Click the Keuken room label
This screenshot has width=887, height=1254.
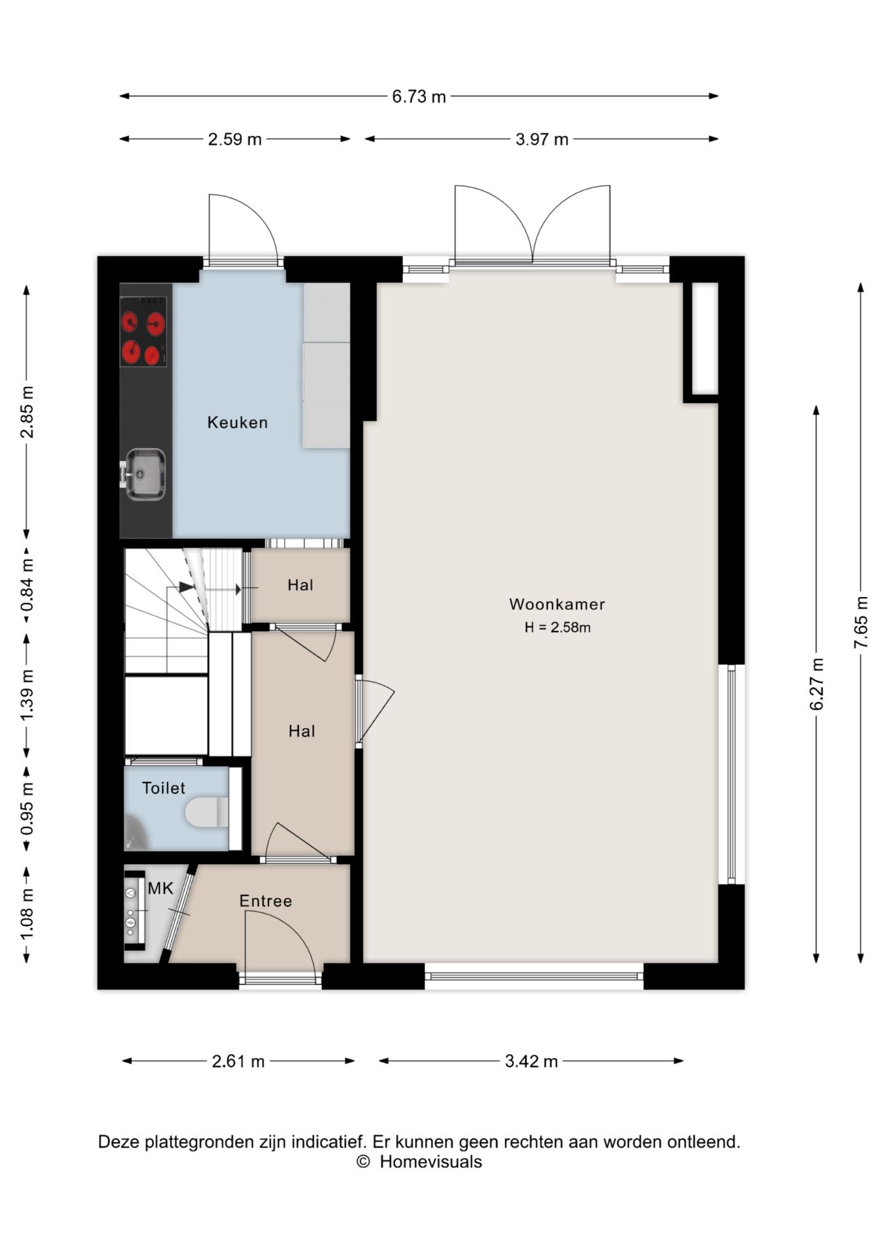coord(237,423)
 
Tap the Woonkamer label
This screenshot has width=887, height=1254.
coord(557,604)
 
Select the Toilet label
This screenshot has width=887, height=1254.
coord(164,788)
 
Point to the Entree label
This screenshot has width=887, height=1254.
coord(265,901)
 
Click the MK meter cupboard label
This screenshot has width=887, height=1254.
coord(161,888)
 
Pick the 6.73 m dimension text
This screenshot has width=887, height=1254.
coord(419,97)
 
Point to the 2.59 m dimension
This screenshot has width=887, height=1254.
coord(234,139)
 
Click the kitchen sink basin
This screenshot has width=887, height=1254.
coord(145,474)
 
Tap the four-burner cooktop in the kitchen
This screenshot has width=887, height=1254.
coord(143,332)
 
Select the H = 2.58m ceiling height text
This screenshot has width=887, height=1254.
coord(557,628)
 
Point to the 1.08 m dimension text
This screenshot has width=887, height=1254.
coord(27,914)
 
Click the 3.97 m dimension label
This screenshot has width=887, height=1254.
coord(541,139)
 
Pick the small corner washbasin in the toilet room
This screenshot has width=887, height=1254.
coord(134,831)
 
